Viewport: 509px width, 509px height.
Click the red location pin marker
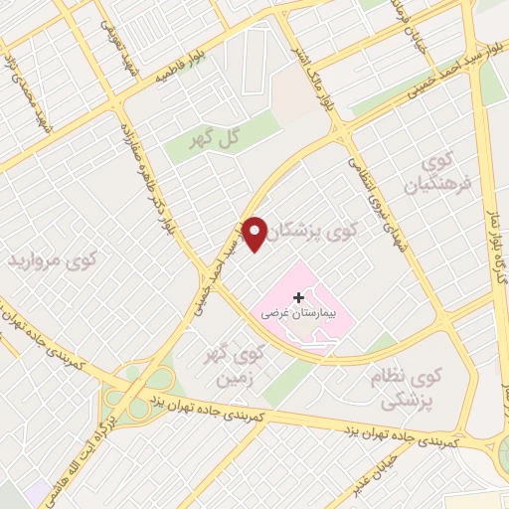pos(255,233)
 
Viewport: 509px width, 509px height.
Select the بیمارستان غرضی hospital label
pos(299,312)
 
